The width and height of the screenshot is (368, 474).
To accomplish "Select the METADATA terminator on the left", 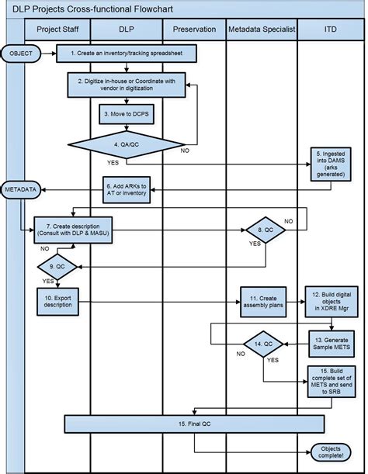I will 21,189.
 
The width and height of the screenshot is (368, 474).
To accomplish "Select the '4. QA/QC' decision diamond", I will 126,144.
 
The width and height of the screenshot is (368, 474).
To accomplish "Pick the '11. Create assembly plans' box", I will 262,302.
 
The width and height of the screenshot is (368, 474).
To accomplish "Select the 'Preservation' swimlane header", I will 193,29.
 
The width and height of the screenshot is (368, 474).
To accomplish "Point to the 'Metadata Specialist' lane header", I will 262,29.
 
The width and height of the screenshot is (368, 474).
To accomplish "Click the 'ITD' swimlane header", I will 330,29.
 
